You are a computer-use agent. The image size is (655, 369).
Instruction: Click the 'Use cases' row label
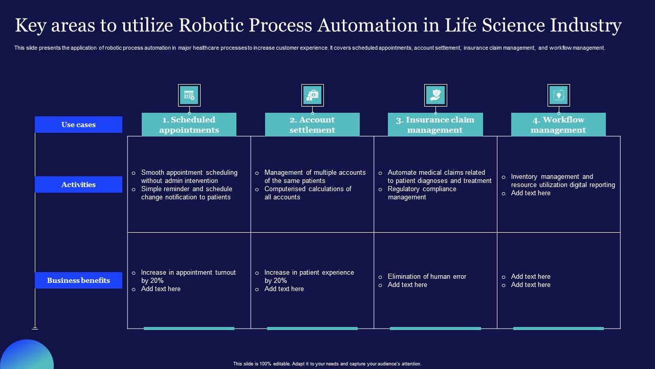click(x=78, y=125)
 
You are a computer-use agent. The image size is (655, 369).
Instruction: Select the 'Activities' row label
click(x=78, y=184)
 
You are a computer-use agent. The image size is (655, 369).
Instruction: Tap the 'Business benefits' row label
click(x=78, y=280)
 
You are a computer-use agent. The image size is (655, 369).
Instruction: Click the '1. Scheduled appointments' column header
click(x=189, y=125)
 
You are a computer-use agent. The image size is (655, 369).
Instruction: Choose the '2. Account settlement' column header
click(x=312, y=125)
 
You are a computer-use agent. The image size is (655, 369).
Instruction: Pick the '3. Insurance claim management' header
click(x=435, y=125)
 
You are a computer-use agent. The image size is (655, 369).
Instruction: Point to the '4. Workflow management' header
click(x=558, y=125)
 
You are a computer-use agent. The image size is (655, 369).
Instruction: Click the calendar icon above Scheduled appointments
click(x=189, y=95)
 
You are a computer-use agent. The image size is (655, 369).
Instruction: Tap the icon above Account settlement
click(x=312, y=95)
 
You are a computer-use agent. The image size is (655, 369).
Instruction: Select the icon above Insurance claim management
click(x=435, y=95)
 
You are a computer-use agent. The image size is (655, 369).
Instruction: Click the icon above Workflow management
click(x=558, y=95)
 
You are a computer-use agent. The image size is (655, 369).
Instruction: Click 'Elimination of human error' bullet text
click(x=427, y=277)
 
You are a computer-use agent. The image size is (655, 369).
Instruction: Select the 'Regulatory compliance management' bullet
click(x=422, y=193)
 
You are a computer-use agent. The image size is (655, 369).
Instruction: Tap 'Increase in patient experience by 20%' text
click(x=309, y=277)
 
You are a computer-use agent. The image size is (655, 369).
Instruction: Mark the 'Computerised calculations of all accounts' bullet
click(x=308, y=193)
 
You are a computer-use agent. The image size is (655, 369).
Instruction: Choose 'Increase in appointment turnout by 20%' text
click(x=188, y=277)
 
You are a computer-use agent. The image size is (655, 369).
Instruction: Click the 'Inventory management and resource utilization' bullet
click(x=562, y=181)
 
